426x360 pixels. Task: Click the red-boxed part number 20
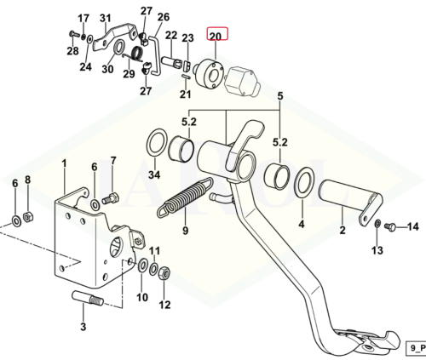[x=216, y=36]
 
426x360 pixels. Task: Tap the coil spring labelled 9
[x=185, y=197]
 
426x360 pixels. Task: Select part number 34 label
[x=154, y=174]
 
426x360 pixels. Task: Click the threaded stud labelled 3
[x=88, y=298]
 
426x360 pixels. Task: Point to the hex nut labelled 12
[x=164, y=273]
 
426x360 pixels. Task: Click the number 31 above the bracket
[x=106, y=19]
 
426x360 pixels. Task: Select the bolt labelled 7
[x=111, y=198]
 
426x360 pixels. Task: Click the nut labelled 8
[x=28, y=217]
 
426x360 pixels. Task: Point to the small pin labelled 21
[x=187, y=77]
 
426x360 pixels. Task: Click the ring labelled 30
[x=119, y=47]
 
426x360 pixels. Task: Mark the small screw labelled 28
[x=74, y=34]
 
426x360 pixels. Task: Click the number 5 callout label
[x=280, y=96]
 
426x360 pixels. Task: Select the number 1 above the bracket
[x=64, y=163]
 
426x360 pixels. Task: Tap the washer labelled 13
[x=377, y=224]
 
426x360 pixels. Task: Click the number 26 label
[x=163, y=17]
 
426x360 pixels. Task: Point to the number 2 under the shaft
[x=343, y=230]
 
